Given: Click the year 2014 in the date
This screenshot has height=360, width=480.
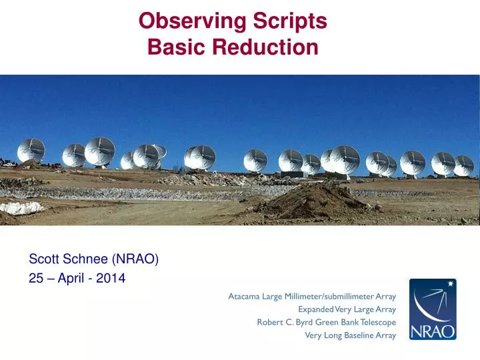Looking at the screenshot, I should [x=111, y=279].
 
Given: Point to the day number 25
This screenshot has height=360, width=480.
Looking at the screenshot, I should [x=35, y=279].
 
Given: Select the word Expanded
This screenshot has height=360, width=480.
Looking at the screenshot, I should [x=315, y=309].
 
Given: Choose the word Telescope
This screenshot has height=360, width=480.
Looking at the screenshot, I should [x=378, y=322].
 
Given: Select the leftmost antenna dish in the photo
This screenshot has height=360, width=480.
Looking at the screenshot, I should [x=31, y=151].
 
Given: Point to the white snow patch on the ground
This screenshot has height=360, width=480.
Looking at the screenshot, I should [x=20, y=208].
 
